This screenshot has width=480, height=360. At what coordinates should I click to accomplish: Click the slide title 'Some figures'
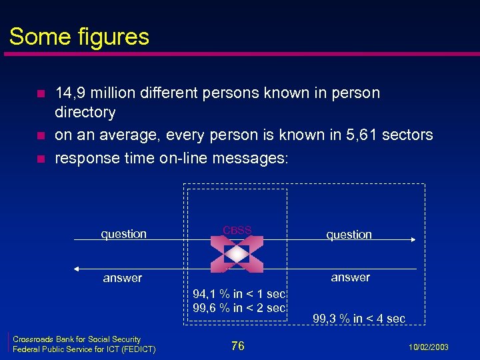(79, 36)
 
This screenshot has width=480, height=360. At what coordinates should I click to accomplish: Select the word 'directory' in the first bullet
(85, 112)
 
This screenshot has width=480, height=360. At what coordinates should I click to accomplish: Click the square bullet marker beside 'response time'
(39, 159)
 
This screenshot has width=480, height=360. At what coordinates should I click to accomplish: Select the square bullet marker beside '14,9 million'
(39, 93)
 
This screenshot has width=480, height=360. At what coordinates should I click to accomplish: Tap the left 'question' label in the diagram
(123, 234)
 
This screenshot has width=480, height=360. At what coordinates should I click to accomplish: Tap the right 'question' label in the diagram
(349, 235)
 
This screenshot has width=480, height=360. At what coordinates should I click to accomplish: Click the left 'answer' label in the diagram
(123, 278)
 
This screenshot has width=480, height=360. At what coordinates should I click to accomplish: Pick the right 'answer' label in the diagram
(350, 277)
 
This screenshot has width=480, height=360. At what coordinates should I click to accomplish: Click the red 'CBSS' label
(237, 230)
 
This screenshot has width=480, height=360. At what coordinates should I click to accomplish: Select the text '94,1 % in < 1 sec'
(239, 294)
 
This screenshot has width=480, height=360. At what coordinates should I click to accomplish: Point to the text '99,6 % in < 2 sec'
(239, 307)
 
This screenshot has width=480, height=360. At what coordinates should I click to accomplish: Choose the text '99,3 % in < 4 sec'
(359, 319)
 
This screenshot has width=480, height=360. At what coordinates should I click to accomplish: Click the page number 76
(238, 345)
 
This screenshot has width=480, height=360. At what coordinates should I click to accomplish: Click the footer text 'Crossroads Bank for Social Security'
(77, 339)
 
